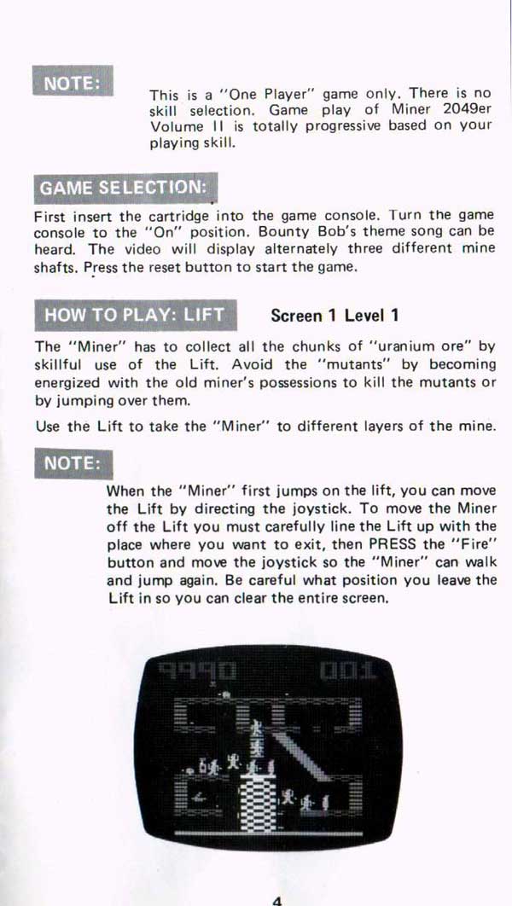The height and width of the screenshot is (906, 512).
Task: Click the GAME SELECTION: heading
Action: [x=125, y=189]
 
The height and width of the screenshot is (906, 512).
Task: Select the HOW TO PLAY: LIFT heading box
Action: [x=135, y=315]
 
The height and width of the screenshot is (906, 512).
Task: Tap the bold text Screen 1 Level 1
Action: [x=335, y=316]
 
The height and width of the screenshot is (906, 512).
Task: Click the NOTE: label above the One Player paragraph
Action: [x=73, y=81]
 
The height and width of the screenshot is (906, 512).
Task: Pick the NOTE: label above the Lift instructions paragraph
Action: [x=73, y=463]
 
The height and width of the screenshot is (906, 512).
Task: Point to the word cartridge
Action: [x=180, y=217]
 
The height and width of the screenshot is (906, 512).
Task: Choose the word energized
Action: [x=64, y=381]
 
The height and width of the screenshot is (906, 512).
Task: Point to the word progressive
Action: [x=343, y=126]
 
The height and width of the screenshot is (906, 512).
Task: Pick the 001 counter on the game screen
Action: [x=346, y=671]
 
